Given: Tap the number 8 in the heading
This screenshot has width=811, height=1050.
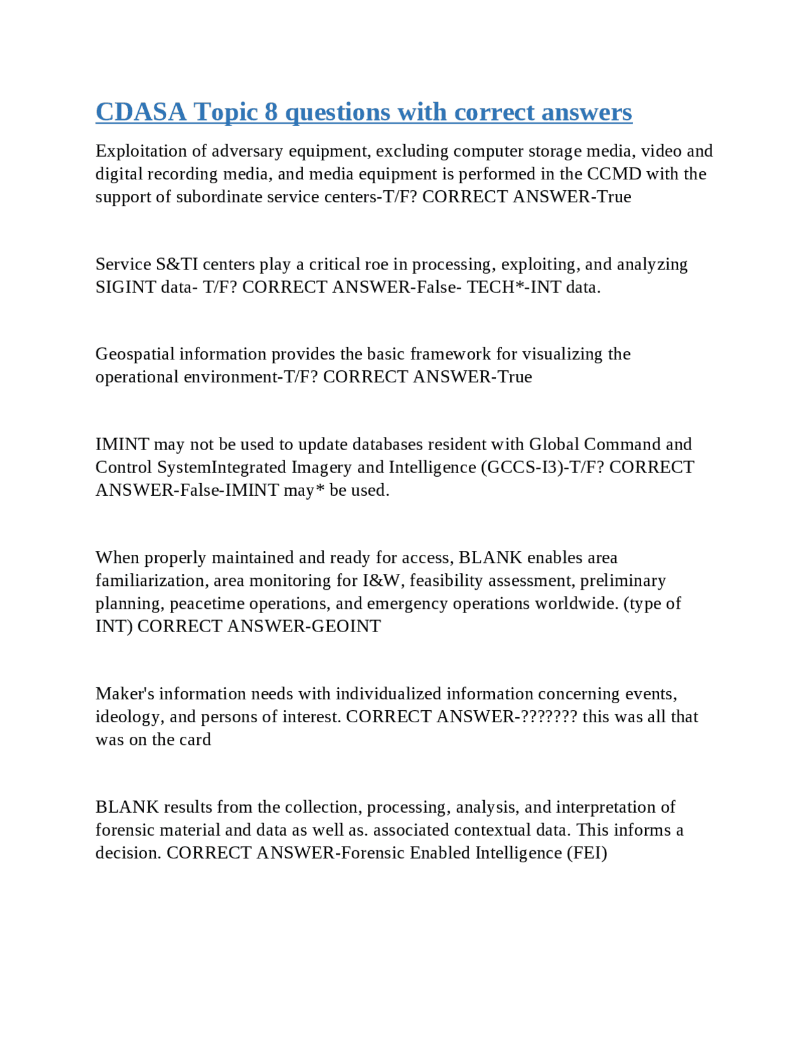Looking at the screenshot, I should [271, 112].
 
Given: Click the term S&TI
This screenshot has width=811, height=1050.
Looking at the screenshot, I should [177, 264].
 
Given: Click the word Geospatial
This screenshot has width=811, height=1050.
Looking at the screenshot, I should [135, 354].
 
